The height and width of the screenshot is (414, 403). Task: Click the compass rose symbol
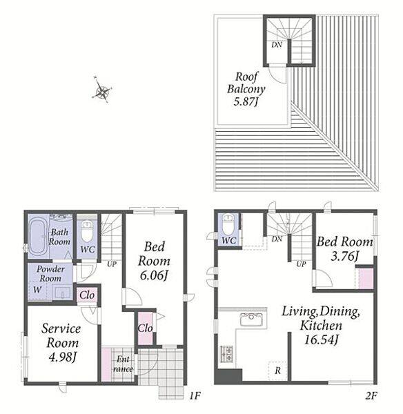[x=102, y=90]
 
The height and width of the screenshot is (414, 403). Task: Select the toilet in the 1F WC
[x=87, y=232]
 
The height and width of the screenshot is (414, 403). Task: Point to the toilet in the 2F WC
[x=228, y=225]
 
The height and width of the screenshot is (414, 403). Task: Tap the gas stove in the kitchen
[x=226, y=354]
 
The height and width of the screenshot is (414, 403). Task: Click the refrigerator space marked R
[x=277, y=371]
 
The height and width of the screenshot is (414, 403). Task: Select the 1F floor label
[x=195, y=395]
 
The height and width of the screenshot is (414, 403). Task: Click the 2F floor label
[x=371, y=395]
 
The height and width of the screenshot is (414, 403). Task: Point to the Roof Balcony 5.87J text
[x=246, y=89]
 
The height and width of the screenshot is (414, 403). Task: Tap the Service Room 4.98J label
[x=61, y=343]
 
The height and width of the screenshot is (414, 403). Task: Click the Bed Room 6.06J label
[x=154, y=261]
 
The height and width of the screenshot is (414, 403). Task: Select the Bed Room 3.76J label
[x=344, y=248]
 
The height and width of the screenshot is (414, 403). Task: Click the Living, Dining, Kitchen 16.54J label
[x=321, y=325]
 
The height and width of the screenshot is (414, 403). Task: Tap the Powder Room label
[x=50, y=273]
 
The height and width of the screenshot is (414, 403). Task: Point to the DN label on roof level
[x=277, y=45]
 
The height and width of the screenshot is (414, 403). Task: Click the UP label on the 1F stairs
[x=112, y=264]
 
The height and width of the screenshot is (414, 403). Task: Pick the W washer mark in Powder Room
[x=37, y=290]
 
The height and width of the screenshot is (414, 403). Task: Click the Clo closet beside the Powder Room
[x=87, y=295]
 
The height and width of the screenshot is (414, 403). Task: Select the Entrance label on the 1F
[x=123, y=364]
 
